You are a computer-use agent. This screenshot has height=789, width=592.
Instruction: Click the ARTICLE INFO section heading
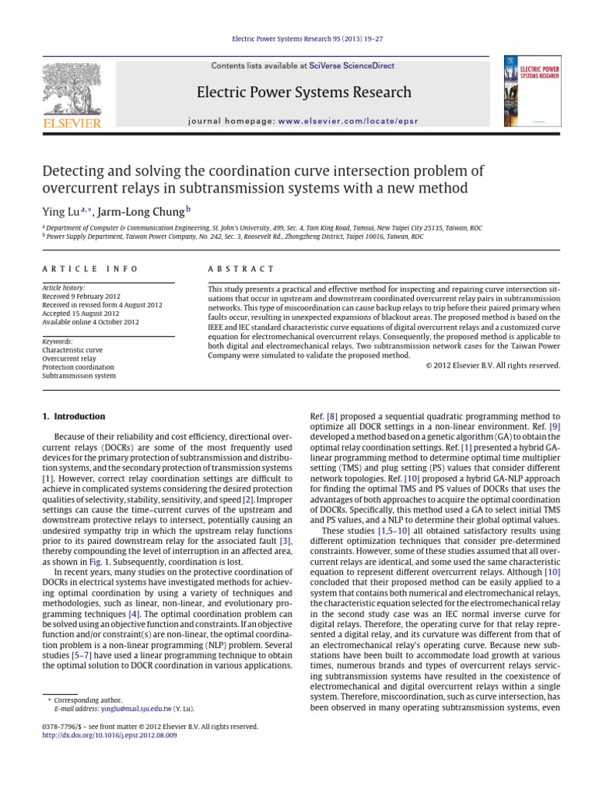click(x=89, y=269)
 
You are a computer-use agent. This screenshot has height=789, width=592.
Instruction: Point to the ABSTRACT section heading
click(x=241, y=269)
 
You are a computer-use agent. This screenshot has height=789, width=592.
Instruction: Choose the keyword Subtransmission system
click(x=79, y=376)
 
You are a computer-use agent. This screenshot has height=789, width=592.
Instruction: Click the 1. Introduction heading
click(x=73, y=417)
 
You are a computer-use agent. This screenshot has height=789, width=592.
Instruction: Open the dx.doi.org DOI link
click(x=110, y=736)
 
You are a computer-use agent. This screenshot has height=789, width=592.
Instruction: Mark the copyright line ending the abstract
click(x=493, y=365)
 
